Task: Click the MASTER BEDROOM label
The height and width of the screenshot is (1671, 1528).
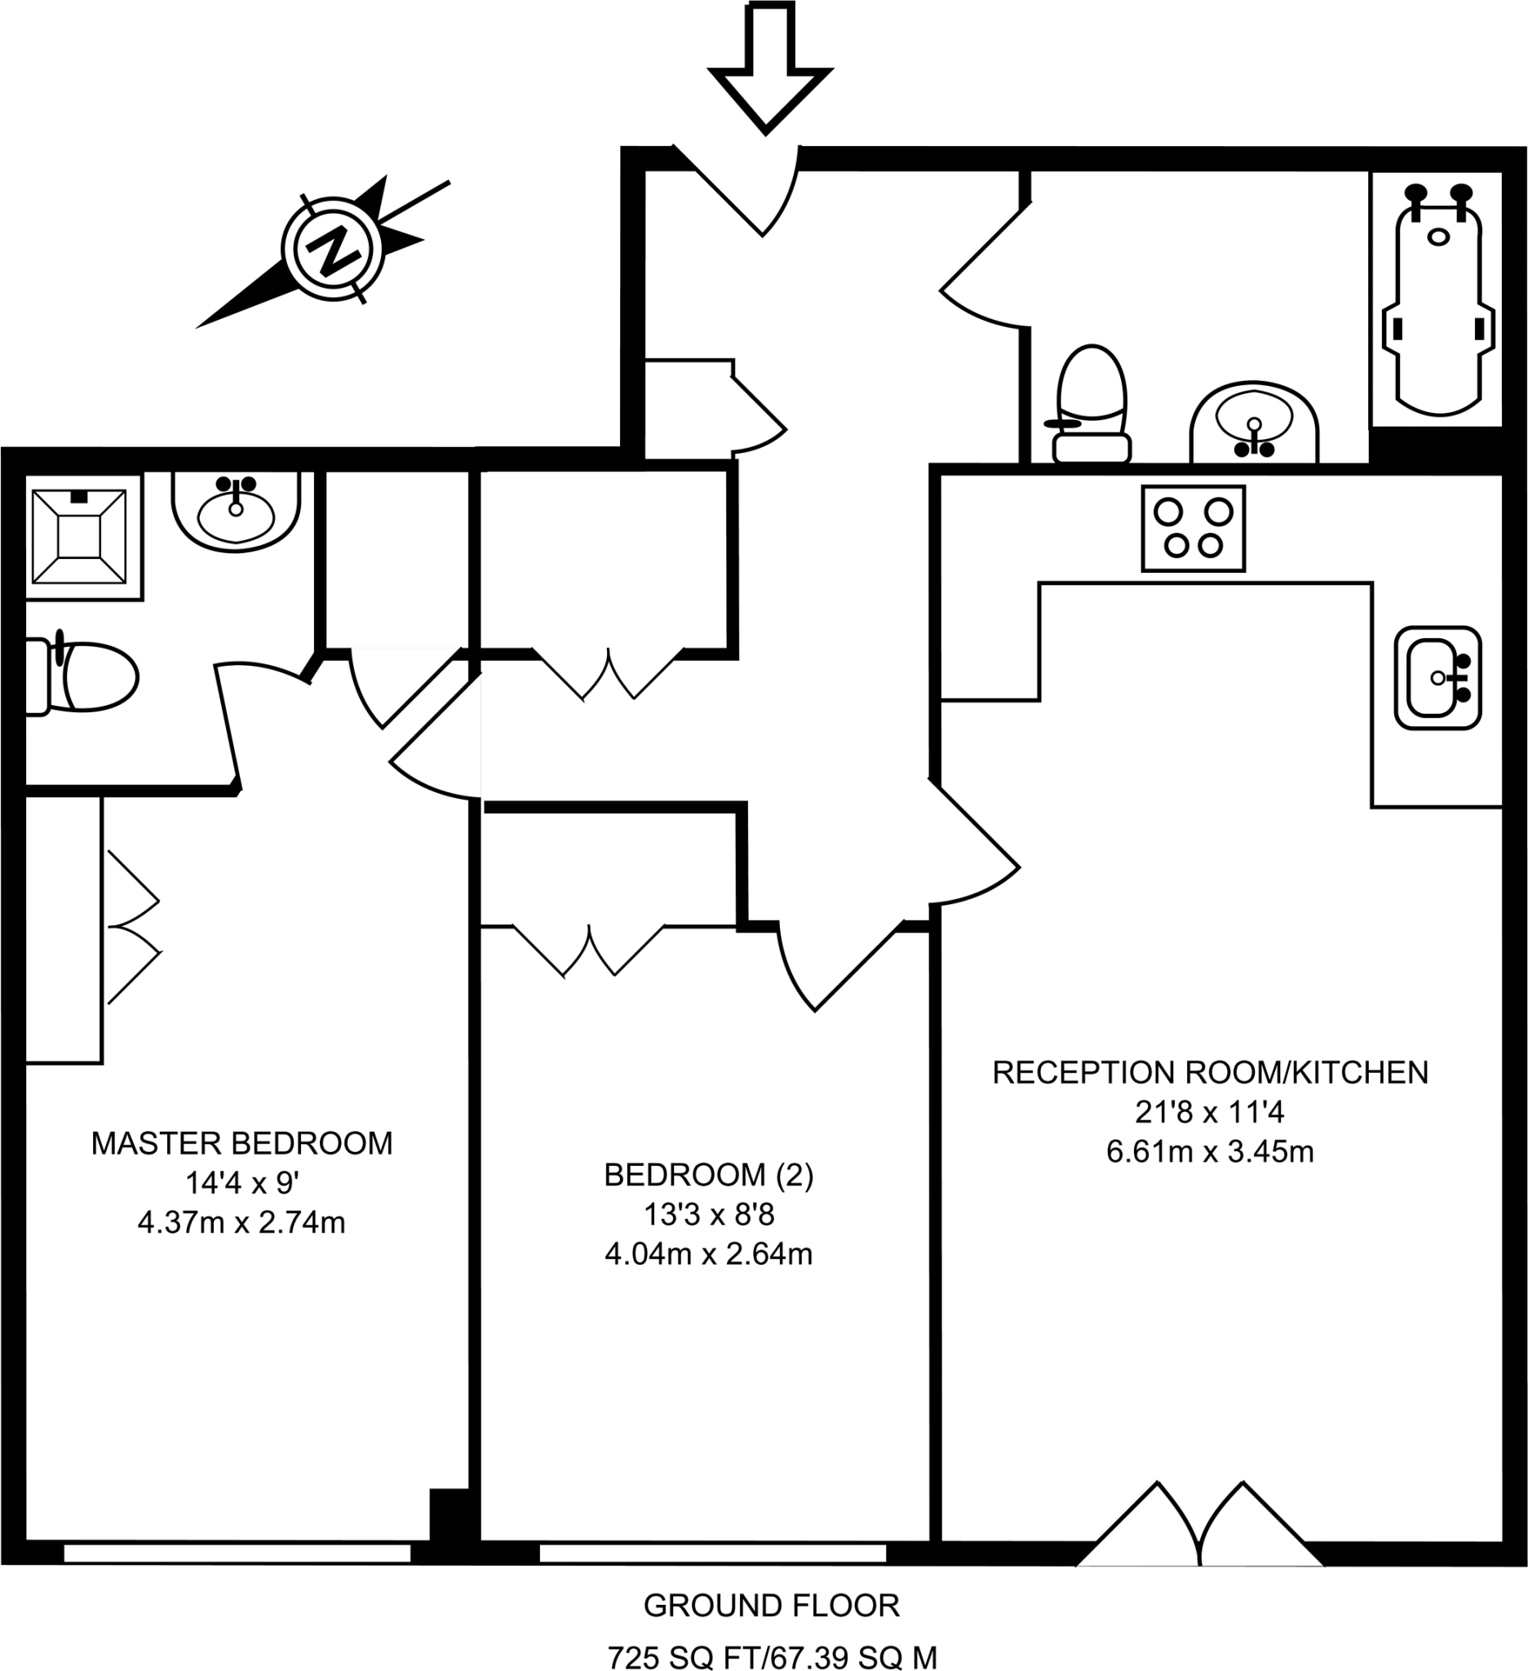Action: click(x=241, y=1144)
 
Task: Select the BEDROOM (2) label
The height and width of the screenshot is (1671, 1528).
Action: click(x=708, y=1176)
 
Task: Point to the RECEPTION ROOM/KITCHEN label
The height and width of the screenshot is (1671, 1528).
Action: click(x=1210, y=1073)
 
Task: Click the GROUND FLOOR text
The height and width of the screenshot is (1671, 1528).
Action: click(x=771, y=1607)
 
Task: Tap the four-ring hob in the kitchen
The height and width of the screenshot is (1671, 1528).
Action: click(x=1194, y=528)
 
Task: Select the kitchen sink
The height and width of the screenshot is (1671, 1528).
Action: click(x=1437, y=678)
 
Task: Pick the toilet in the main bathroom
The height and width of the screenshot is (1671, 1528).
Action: click(x=1092, y=406)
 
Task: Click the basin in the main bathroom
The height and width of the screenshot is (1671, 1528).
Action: click(x=1254, y=423)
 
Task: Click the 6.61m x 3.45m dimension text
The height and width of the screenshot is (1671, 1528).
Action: click(x=1210, y=1152)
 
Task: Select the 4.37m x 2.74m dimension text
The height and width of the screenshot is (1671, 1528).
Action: click(x=241, y=1222)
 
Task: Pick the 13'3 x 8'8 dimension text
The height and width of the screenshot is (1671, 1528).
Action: click(x=708, y=1215)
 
